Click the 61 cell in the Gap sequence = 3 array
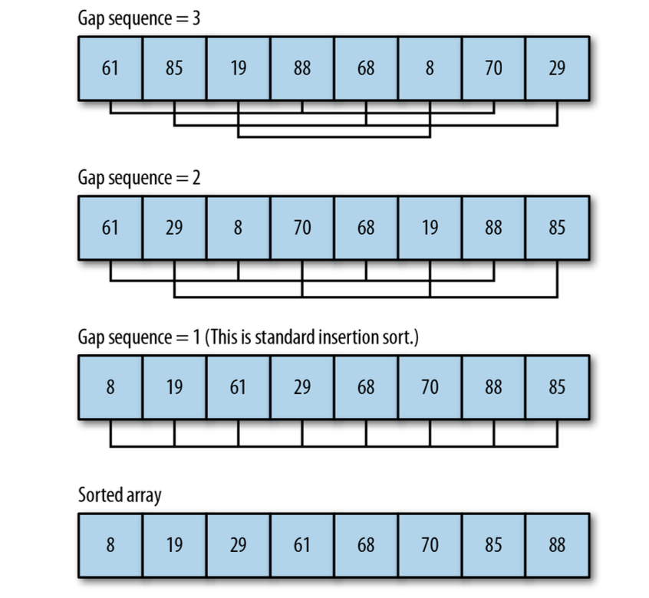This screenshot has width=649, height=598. pyautogui.click(x=110, y=67)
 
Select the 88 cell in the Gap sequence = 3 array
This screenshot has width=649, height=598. pyautogui.click(x=302, y=67)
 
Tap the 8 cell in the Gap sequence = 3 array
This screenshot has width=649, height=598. pyautogui.click(x=430, y=67)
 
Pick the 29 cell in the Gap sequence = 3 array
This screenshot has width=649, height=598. pyautogui.click(x=557, y=67)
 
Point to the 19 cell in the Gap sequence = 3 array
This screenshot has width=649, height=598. pyautogui.click(x=239, y=67)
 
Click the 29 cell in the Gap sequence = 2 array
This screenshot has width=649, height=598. pyautogui.click(x=175, y=228)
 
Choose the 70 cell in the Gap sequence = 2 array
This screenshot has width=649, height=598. pyautogui.click(x=302, y=228)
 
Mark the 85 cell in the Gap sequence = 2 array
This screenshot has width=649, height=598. pyautogui.click(x=557, y=228)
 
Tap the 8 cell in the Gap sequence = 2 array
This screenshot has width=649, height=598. pyautogui.click(x=239, y=228)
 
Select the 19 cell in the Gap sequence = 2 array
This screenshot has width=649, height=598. pyautogui.click(x=430, y=228)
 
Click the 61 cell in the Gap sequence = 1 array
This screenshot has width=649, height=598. pyautogui.click(x=239, y=387)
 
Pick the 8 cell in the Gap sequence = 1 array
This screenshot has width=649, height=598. pyautogui.click(x=110, y=387)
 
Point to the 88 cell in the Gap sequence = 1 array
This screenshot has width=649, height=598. pyautogui.click(x=493, y=387)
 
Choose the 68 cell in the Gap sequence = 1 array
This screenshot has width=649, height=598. pyautogui.click(x=366, y=387)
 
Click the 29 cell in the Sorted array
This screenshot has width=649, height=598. pyautogui.click(x=239, y=546)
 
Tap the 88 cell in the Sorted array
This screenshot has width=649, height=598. pyautogui.click(x=557, y=546)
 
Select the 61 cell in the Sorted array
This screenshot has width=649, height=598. pyautogui.click(x=302, y=546)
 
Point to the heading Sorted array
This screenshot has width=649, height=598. pyautogui.click(x=120, y=496)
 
